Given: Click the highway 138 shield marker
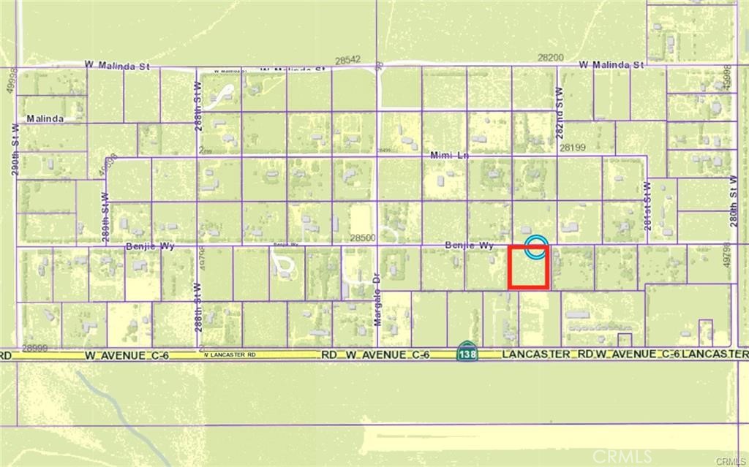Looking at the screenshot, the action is [466, 353].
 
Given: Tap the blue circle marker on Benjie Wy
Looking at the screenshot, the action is [537, 246].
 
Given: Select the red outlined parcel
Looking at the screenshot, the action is [528, 267].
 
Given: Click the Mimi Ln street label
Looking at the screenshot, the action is [449, 156].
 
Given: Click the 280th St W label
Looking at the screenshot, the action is [733, 192].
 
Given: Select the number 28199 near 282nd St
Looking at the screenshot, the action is [573, 147].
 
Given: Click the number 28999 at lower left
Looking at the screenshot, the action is [35, 348].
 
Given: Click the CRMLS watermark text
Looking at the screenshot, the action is [622, 457].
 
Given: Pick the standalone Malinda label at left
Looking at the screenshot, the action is [45, 118].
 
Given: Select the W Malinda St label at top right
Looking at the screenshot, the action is [611, 65].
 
